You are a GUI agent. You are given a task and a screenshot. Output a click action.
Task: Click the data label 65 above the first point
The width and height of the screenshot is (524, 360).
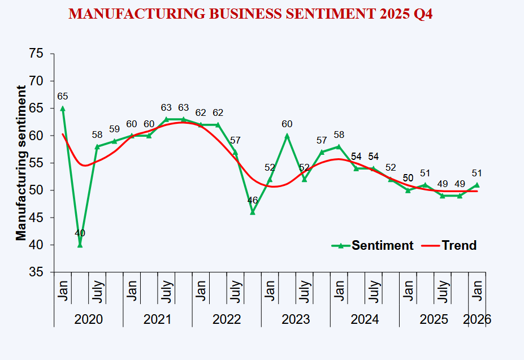coord(62,97)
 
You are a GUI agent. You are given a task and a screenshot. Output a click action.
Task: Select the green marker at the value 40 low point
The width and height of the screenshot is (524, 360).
coord(80,245)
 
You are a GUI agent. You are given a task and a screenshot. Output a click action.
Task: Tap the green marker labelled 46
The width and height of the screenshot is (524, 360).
coord(253,212)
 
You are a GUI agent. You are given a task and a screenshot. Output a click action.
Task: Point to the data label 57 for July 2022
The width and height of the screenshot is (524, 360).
coord(235,140)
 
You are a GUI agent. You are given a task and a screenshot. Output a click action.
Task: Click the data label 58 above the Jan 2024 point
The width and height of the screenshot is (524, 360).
coord(339,135)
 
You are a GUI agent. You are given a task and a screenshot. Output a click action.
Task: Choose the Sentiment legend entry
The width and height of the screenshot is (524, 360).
coord(373,245)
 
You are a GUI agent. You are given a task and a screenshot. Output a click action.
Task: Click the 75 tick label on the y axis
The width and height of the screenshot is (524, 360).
coord(36,54)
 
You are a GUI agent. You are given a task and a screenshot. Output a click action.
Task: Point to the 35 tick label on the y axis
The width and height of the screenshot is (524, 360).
coord(36,272)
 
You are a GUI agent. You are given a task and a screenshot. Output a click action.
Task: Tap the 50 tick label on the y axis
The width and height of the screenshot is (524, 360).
coord(36,190)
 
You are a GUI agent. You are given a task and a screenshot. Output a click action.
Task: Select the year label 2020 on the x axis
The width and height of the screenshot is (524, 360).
coord(89,319)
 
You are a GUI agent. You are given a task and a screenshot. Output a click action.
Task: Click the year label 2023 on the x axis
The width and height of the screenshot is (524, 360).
coord(296,319)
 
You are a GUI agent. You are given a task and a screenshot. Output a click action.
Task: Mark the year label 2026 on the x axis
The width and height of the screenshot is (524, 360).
coord(477,319)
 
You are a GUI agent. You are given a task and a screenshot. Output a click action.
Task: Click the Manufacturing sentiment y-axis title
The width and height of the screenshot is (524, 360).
coord(21,163)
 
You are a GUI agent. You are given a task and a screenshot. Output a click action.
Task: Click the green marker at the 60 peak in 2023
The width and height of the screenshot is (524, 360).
coord(287,136)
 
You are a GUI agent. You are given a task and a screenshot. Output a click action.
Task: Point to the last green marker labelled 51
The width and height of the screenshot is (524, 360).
coord(477,185)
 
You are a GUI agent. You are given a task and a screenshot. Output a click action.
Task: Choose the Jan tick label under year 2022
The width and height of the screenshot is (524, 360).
coord(201,290)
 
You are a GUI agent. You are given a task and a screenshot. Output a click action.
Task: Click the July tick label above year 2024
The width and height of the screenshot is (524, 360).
coord(373,290)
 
